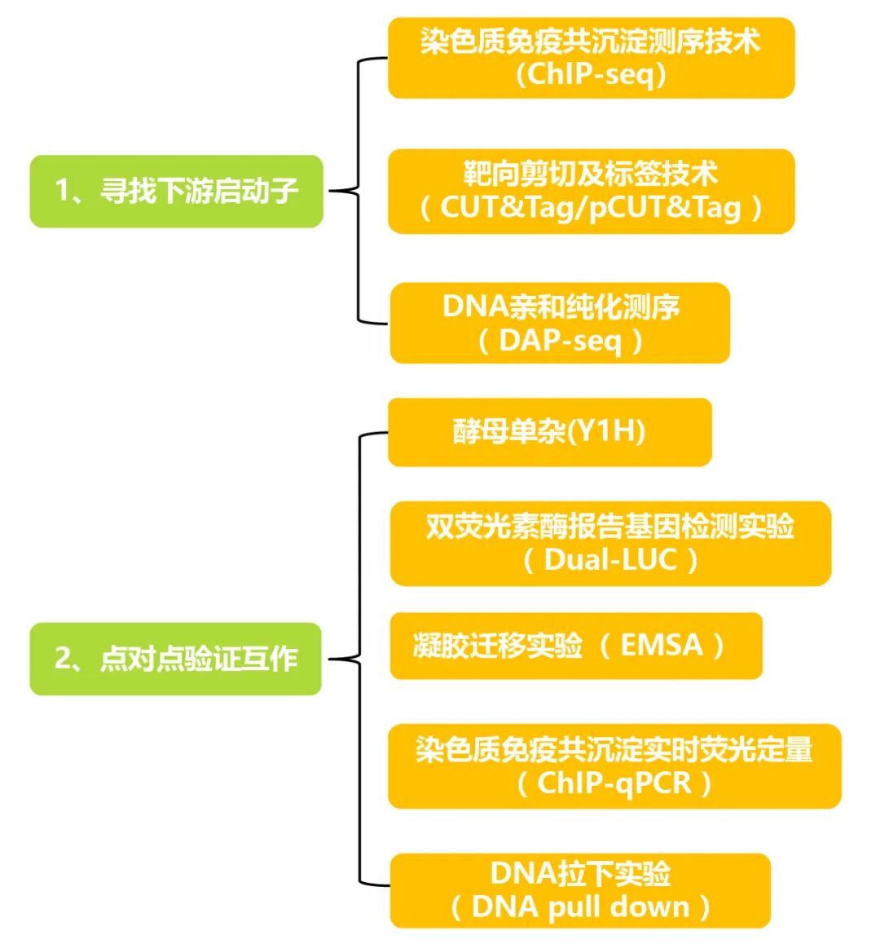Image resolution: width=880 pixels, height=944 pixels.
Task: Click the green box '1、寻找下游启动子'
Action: (176, 191)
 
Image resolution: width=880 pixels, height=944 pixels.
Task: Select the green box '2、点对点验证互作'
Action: (176, 659)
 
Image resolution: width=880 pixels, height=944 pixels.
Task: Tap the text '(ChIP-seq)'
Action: (592, 75)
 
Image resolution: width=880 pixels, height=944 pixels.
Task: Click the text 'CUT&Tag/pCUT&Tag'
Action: (591, 207)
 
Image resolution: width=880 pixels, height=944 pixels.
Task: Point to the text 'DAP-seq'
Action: (560, 340)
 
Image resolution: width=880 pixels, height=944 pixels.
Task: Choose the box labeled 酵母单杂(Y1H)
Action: (549, 431)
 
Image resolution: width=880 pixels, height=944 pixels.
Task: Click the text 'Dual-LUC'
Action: (611, 560)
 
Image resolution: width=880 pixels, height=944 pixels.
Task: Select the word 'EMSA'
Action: (662, 646)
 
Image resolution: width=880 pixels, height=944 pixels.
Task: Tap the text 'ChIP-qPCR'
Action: (614, 783)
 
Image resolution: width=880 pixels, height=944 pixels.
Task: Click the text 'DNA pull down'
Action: (580, 907)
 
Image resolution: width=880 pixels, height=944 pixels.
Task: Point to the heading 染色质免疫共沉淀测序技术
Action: (591, 41)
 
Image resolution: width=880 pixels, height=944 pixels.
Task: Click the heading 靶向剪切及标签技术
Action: (591, 174)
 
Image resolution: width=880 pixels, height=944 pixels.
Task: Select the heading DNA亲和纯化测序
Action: (561, 307)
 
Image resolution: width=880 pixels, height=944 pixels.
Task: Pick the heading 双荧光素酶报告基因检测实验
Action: (610, 527)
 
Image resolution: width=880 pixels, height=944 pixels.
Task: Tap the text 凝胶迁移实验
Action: (498, 646)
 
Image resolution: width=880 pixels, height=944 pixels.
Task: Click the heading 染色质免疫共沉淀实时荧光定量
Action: (614, 750)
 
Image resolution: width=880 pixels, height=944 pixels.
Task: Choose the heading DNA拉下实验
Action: (580, 874)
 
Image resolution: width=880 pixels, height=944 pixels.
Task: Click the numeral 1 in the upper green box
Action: (61, 191)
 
